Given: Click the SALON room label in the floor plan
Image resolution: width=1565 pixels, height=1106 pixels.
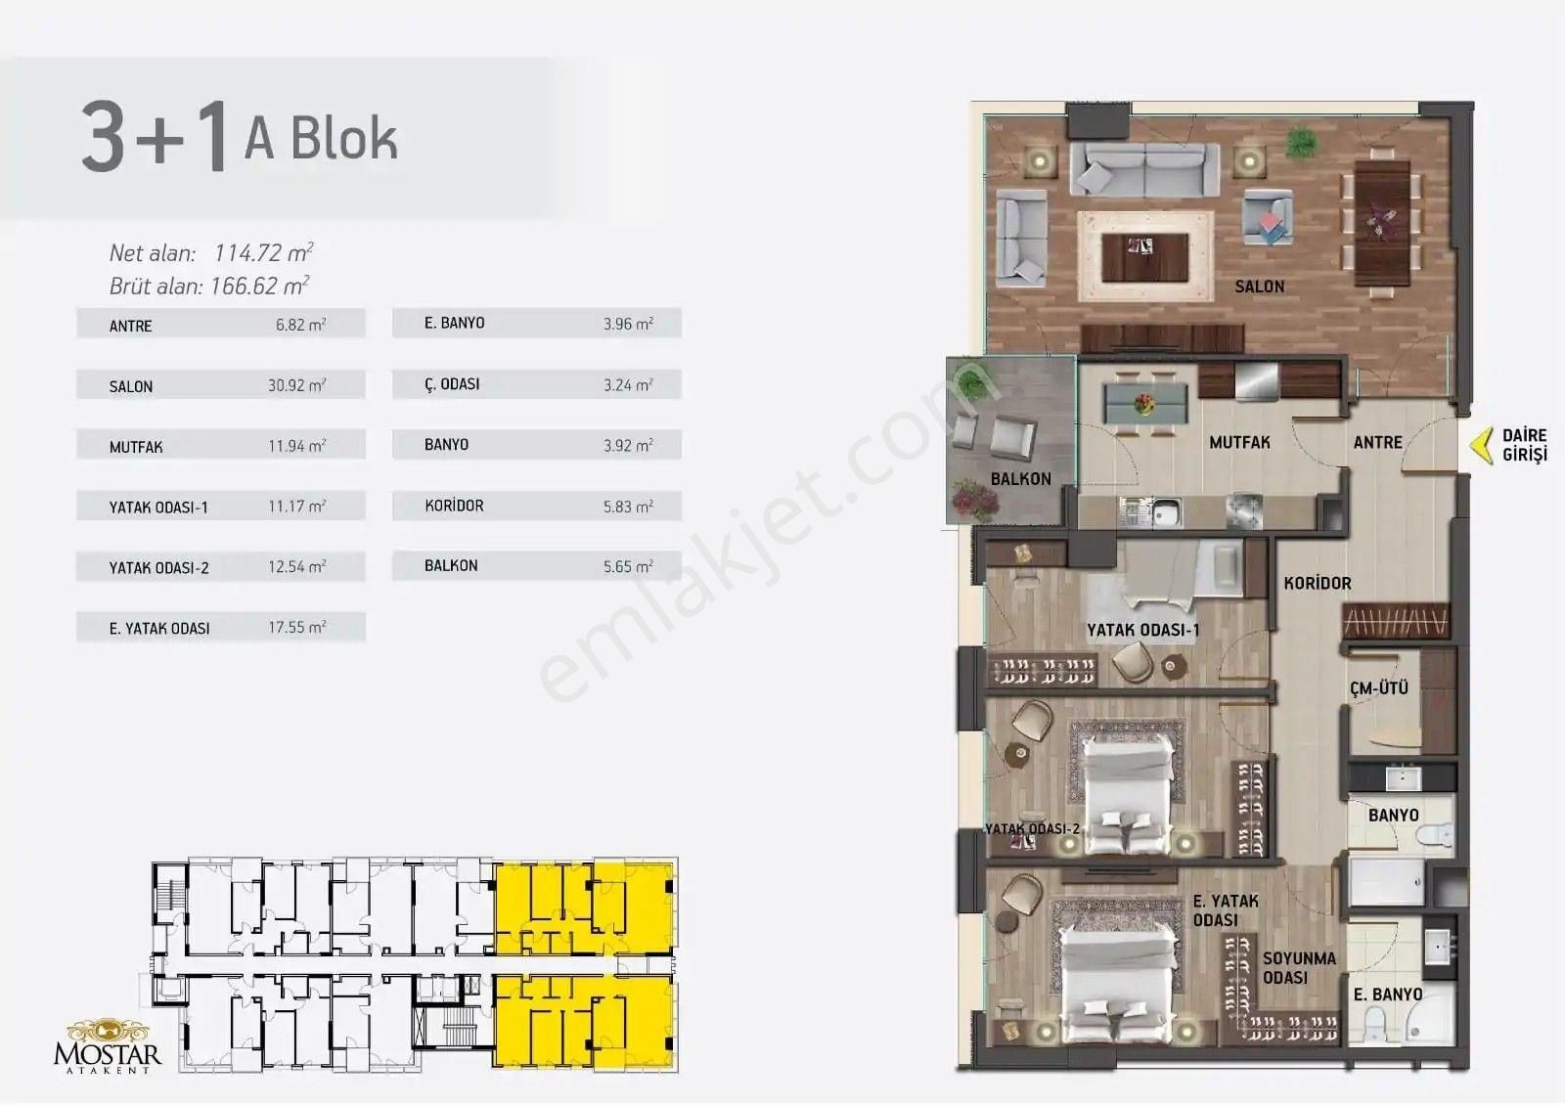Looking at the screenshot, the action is [1259, 287].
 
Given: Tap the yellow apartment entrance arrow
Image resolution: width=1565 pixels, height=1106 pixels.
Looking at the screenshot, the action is [1481, 446].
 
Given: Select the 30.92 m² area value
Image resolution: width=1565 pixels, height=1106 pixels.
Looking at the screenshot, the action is [297, 385].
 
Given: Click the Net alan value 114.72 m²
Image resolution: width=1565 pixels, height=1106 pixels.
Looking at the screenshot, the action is [263, 252].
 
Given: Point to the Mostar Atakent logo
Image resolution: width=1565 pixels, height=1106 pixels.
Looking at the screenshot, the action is [108, 1045].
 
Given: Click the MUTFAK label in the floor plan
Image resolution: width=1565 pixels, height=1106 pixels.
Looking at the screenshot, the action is [1239, 442].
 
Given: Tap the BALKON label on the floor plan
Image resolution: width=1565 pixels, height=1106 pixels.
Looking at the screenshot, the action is [1021, 478].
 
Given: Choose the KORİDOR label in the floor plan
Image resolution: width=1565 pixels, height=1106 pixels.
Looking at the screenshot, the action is [1317, 583].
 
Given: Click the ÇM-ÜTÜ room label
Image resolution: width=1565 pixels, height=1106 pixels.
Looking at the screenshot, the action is [1378, 688].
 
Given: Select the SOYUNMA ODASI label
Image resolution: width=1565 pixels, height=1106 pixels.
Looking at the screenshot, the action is [1299, 968].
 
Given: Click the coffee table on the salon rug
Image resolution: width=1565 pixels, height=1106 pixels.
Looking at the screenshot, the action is [1144, 257].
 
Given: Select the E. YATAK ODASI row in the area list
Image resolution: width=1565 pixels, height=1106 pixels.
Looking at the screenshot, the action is [221, 628].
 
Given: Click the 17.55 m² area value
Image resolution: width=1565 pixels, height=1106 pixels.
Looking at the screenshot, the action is [297, 627].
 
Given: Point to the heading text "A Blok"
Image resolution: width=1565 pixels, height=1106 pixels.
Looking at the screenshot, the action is [321, 138].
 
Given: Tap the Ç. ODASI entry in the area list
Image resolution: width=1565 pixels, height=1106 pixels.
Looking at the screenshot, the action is [537, 384].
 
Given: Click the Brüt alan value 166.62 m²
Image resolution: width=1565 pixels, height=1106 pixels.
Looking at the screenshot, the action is [259, 286].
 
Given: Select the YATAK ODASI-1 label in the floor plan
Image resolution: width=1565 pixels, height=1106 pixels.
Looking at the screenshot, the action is [1142, 630].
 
